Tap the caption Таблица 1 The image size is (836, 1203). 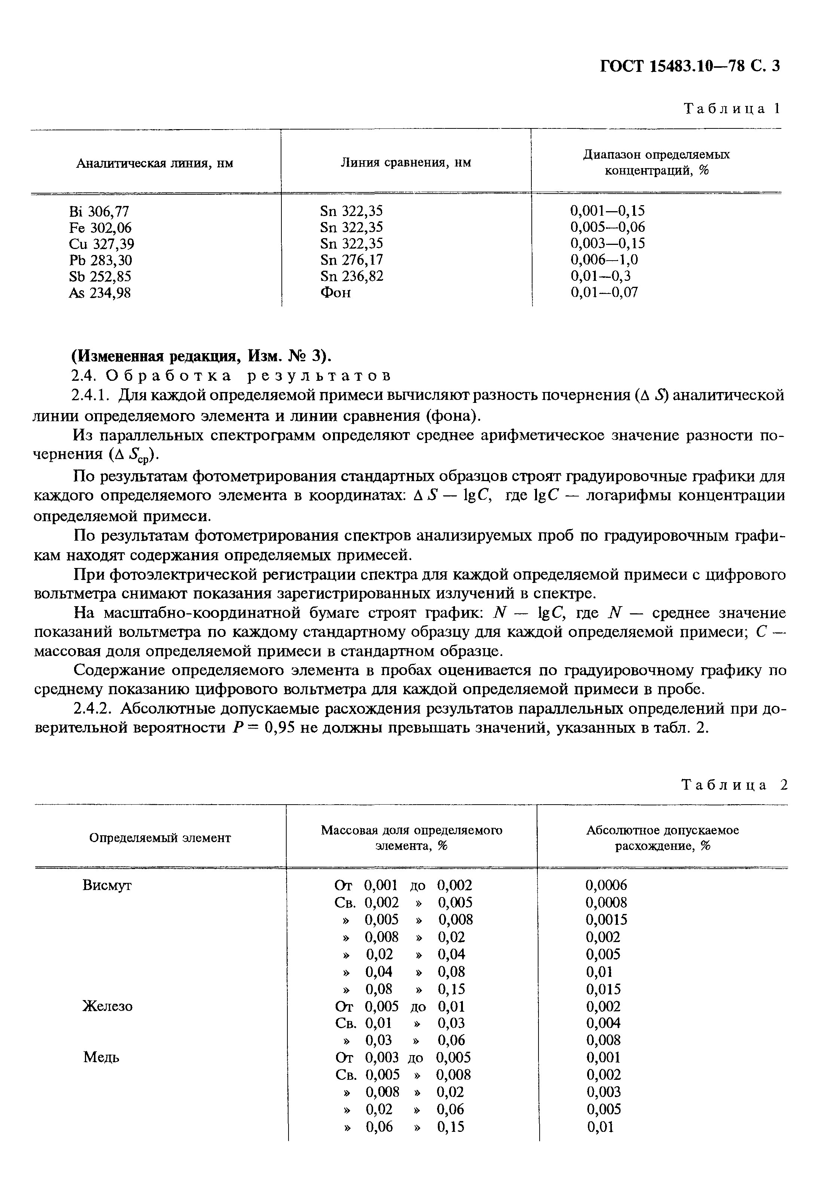[732, 109]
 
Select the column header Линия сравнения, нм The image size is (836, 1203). [406, 162]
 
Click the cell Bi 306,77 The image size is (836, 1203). [99, 211]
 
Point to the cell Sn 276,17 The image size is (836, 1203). [351, 260]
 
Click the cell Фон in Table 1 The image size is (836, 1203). [335, 292]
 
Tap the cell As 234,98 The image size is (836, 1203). [100, 293]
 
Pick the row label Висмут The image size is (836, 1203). [107, 886]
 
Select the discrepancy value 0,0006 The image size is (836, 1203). [606, 886]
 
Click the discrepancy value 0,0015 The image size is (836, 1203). [606, 920]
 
